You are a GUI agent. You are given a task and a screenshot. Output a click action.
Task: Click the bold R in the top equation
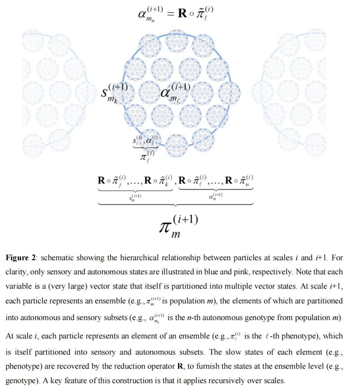coord(183,13)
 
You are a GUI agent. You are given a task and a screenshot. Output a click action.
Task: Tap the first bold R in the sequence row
coord(102,180)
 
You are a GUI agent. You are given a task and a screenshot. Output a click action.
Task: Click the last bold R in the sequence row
coord(229,180)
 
